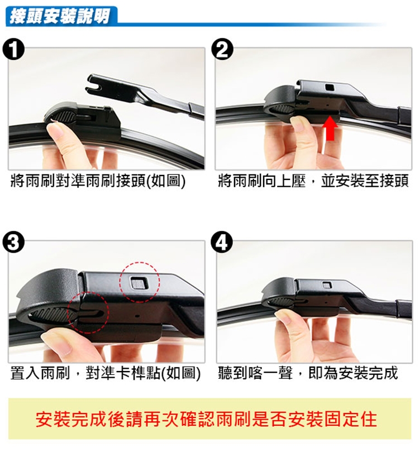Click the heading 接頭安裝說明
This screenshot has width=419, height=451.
click(x=60, y=16)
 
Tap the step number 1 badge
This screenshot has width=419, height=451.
click(x=13, y=50)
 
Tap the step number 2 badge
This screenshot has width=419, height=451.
click(x=222, y=49)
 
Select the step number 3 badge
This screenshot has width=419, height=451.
click(x=13, y=243)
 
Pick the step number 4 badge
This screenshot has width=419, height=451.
click(x=221, y=242)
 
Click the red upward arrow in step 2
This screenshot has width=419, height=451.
click(x=330, y=128)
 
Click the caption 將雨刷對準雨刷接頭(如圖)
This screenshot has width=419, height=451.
click(x=98, y=181)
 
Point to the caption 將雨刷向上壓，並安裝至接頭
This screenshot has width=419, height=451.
click(x=313, y=181)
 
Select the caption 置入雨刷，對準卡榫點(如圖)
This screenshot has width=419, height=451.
click(x=105, y=373)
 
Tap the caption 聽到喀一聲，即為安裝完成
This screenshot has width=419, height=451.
click(x=308, y=373)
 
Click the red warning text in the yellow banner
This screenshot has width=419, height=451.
click(x=206, y=419)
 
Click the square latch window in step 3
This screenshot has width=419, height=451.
click(x=139, y=283)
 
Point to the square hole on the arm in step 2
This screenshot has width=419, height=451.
click(x=329, y=87)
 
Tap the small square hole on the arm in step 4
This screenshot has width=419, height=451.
click(x=327, y=285)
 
